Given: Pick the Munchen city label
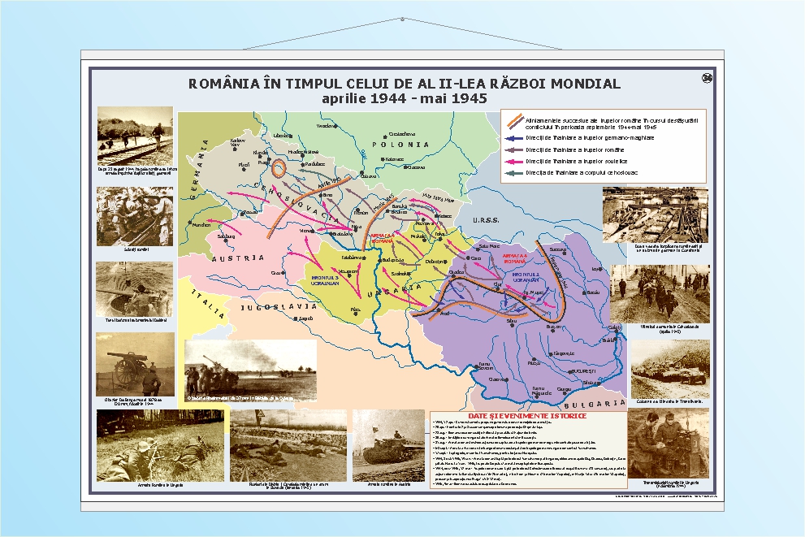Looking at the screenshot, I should [201, 224].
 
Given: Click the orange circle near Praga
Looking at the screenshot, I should [278, 169].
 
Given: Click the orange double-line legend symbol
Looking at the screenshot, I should [514, 122].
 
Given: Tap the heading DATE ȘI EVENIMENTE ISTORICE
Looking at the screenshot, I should [527, 416].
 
